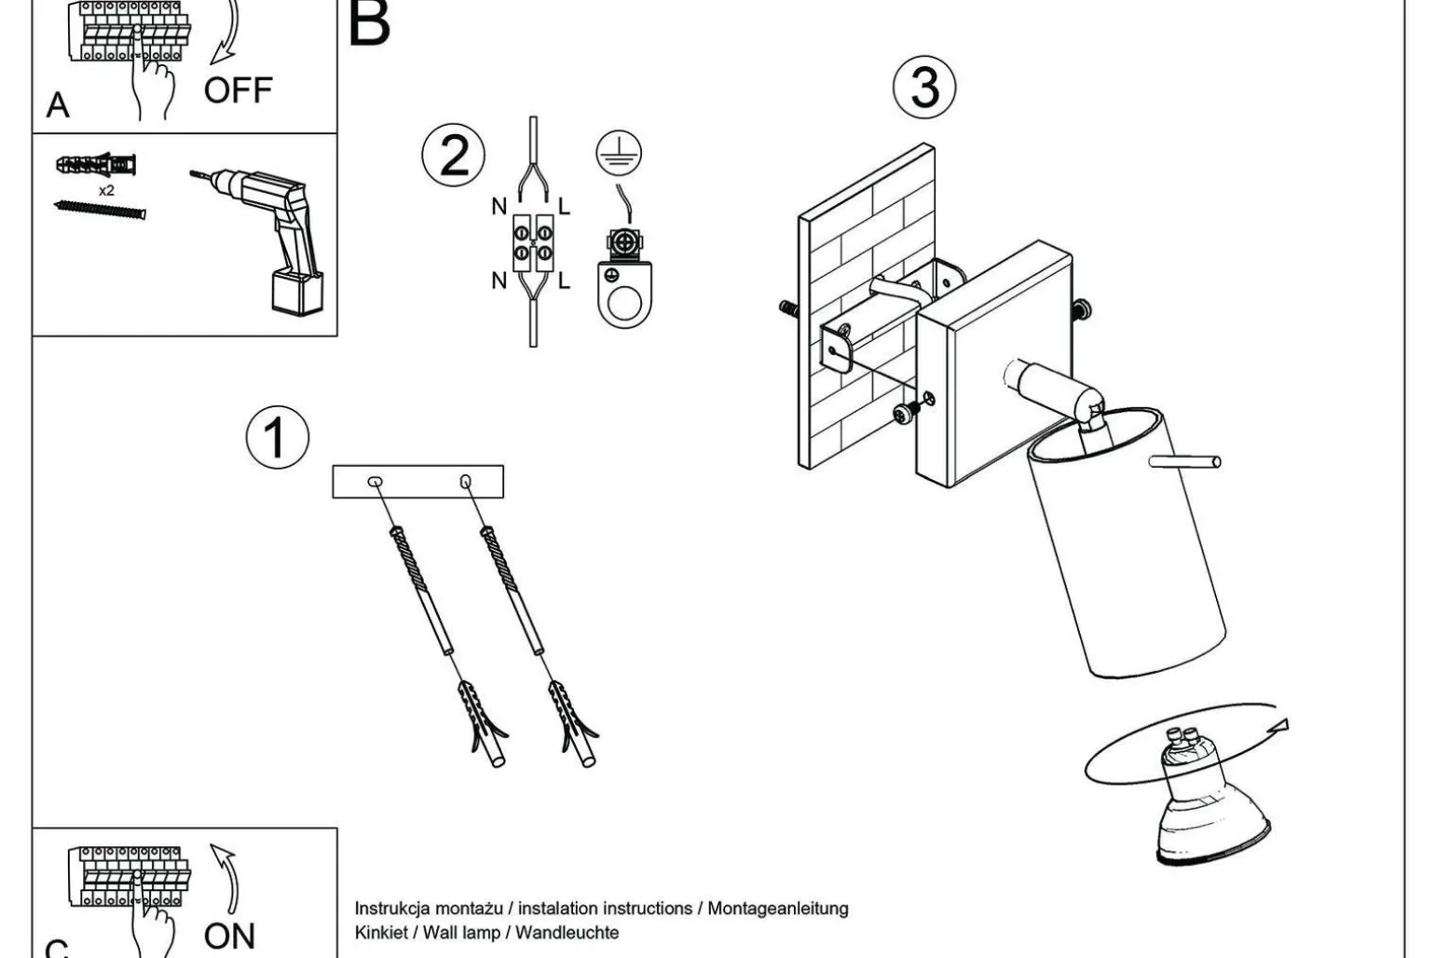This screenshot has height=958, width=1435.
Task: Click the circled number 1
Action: tap(277, 437)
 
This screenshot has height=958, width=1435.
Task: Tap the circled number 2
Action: tap(453, 156)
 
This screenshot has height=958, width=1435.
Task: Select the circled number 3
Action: tap(923, 87)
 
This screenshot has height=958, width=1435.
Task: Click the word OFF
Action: tap(238, 91)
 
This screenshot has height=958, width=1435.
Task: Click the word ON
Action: tap(229, 935)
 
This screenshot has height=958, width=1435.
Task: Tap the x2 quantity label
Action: tap(106, 190)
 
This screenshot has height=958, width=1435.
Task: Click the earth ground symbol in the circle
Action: tap(619, 154)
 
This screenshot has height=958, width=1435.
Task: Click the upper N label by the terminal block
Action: tap(499, 207)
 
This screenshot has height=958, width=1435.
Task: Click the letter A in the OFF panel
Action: tap(58, 105)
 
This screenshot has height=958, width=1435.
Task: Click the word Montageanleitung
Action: tap(777, 908)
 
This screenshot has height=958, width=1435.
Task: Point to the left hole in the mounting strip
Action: tap(375, 482)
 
